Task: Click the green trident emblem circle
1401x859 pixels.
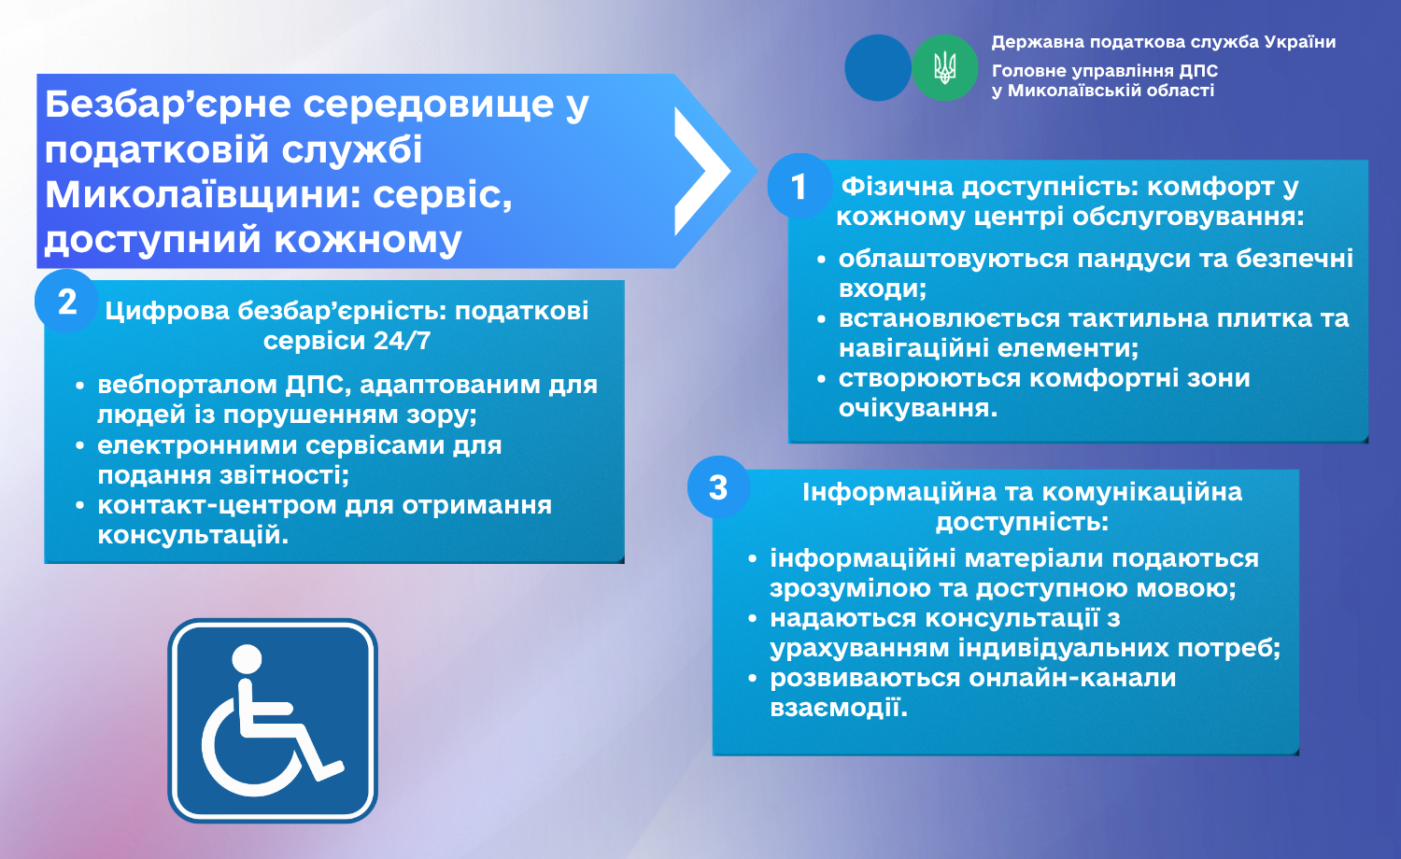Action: (x=944, y=67)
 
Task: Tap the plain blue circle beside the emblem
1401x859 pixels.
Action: (x=878, y=67)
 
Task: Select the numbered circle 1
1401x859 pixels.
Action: (x=800, y=186)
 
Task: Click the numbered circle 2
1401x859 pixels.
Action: (x=67, y=302)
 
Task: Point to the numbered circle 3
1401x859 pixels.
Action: (x=718, y=487)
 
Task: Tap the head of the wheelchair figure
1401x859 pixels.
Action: (x=247, y=659)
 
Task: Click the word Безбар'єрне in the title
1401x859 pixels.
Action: (x=168, y=104)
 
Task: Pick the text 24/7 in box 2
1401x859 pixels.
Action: (x=403, y=341)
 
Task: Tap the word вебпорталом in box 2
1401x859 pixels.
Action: (x=188, y=385)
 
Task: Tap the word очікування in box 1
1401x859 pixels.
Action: (x=917, y=409)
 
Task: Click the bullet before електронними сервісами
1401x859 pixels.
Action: (x=79, y=445)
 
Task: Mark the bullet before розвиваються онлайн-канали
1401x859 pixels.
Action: (x=753, y=678)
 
